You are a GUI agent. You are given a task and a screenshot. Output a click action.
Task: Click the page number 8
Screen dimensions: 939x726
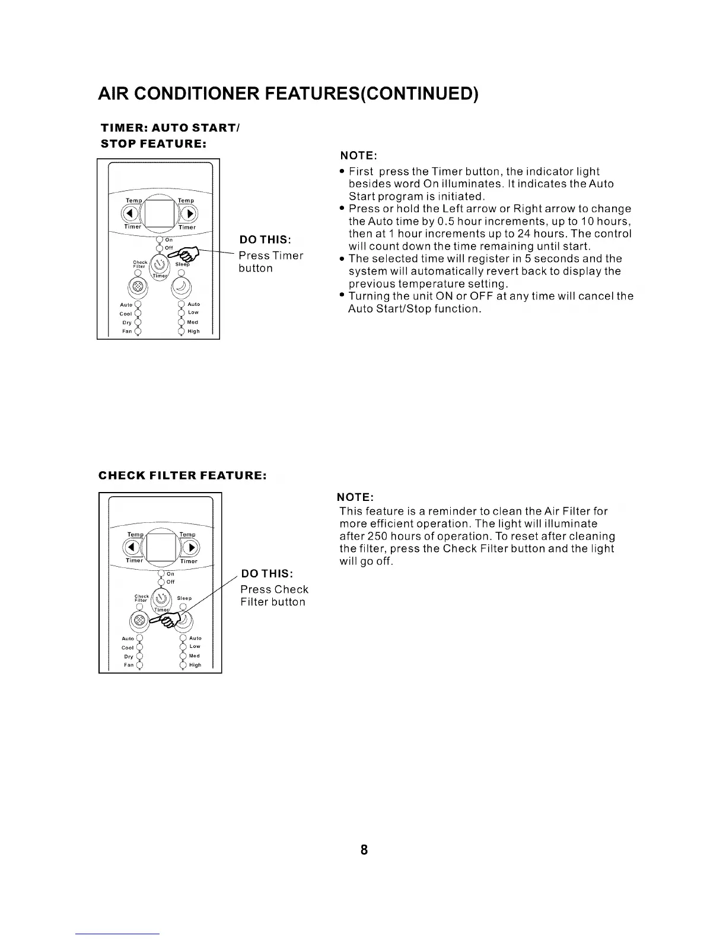coord(364,849)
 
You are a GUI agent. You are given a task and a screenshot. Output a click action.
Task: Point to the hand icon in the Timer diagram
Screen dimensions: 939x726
coord(188,255)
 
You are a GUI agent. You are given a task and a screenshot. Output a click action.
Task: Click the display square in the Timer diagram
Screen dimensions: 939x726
coord(159,213)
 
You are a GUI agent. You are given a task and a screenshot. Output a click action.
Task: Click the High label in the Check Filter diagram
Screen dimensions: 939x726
coord(195,665)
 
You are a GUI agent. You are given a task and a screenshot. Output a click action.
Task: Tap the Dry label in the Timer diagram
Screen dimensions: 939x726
coord(126,322)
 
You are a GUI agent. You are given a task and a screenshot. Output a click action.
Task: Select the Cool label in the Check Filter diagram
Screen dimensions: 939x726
coord(128,647)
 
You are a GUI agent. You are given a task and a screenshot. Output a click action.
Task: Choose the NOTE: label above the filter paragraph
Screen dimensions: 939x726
coord(355,496)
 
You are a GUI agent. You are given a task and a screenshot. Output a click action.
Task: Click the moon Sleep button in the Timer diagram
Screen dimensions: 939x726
coord(181,286)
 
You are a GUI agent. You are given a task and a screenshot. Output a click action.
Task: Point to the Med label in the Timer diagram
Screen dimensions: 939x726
coord(193,322)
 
